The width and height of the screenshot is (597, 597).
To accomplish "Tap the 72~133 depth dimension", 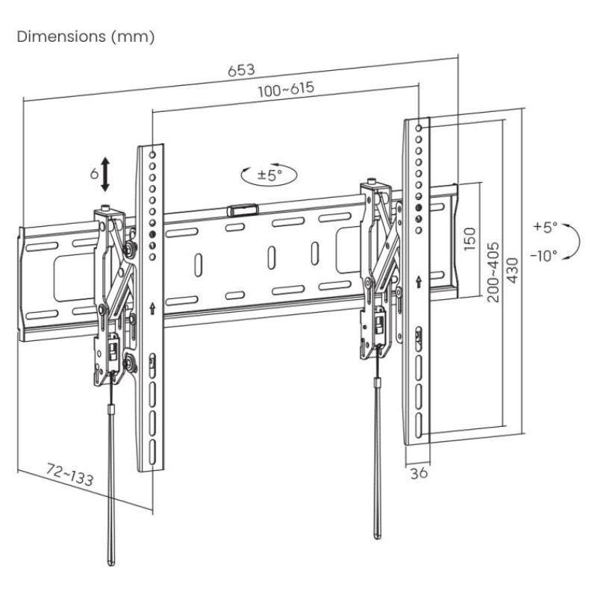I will [x=70, y=475].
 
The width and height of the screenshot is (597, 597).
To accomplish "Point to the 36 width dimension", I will [x=419, y=472].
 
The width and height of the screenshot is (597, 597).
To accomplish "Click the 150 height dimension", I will [x=469, y=241].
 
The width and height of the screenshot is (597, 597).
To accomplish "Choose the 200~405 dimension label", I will [x=493, y=271].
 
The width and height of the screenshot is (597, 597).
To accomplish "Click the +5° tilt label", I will [x=546, y=225].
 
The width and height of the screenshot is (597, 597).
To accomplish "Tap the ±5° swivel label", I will [x=269, y=175].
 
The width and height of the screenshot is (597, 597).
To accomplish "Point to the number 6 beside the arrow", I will [x=94, y=173].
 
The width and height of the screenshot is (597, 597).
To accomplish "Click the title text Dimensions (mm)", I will [x=86, y=37].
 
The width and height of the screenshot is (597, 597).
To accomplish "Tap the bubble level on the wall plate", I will [x=241, y=210].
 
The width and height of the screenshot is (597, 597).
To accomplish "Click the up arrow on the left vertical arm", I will [x=152, y=306].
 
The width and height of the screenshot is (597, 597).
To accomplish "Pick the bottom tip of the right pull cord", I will [x=378, y=533].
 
